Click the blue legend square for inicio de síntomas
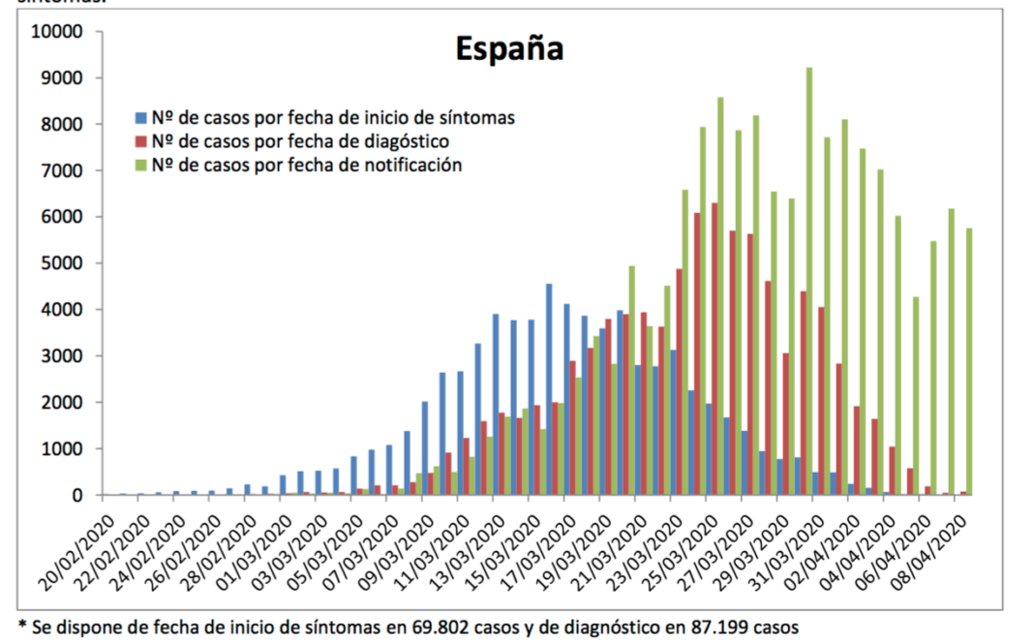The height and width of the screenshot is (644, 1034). click(139, 118)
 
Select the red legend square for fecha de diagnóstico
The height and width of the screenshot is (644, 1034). click(139, 141)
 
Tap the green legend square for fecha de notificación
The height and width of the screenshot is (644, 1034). click(139, 166)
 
